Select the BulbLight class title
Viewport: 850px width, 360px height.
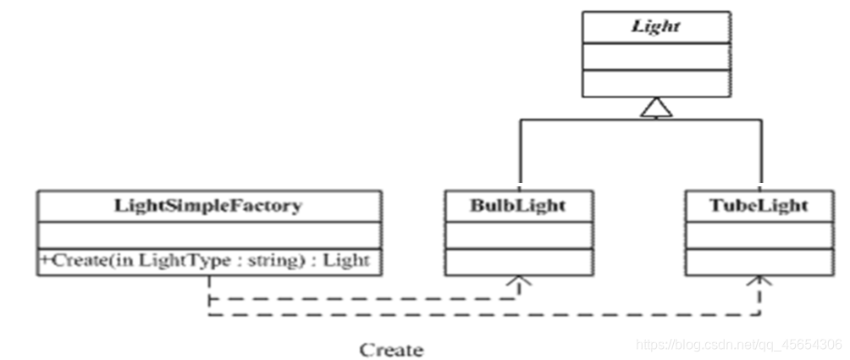[518, 206]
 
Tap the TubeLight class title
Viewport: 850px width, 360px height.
[759, 206]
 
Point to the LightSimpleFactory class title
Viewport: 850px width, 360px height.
[209, 206]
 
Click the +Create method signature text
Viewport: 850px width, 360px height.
[205, 261]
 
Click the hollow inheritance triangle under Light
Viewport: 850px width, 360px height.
[656, 108]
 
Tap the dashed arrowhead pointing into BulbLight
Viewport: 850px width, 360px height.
[519, 281]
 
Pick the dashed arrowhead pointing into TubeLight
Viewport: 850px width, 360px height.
[759, 281]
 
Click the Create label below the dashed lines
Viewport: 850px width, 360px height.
[391, 350]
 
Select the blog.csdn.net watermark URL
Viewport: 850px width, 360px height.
[739, 344]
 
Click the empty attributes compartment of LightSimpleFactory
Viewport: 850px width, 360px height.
[209, 235]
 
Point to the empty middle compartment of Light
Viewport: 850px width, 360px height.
[656, 57]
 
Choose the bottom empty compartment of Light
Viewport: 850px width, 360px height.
[656, 84]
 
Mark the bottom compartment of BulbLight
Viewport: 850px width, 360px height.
[519, 262]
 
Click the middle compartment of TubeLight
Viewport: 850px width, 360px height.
[759, 235]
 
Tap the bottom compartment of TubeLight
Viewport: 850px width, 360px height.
[759, 262]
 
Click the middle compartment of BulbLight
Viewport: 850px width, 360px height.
[519, 235]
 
